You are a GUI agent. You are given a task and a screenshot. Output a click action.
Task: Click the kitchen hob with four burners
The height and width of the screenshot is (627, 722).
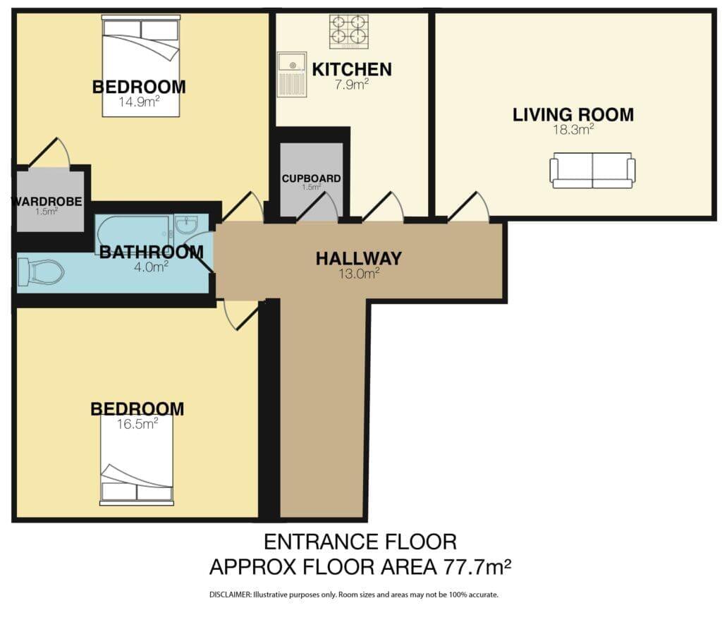tap(349, 31)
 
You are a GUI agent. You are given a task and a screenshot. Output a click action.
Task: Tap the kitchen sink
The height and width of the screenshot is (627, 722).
tap(292, 74)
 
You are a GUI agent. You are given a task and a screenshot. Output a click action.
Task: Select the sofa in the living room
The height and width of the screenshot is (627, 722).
tap(592, 171)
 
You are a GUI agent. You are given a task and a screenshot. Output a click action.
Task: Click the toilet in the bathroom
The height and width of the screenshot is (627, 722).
tap(40, 272)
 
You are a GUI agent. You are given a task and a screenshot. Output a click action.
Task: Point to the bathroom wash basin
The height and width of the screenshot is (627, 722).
tap(186, 224)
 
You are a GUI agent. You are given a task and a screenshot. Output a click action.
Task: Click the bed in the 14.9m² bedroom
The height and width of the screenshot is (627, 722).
tap(141, 66)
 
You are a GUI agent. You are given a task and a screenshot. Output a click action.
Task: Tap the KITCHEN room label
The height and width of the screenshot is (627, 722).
tap(352, 70)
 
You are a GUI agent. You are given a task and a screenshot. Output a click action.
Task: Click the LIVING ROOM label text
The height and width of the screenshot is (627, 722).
tap(573, 115)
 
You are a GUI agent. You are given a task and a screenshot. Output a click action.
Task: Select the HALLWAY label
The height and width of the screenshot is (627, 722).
tap(359, 258)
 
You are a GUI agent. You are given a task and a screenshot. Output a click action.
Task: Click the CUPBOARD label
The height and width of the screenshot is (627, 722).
tap(311, 178)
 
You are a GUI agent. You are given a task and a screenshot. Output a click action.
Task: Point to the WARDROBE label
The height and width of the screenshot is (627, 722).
tap(47, 201)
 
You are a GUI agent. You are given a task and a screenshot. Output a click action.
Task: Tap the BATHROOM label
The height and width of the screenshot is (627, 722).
tap(152, 252)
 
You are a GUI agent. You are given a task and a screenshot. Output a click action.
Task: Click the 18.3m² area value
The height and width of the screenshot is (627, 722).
tap(573, 130)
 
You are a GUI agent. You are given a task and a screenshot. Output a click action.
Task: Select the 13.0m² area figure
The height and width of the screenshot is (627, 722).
tap(359, 274)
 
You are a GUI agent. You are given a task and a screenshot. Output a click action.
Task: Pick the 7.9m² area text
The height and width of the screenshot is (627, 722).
tap(352, 85)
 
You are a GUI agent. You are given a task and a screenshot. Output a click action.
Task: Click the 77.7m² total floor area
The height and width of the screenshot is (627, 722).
tap(477, 567)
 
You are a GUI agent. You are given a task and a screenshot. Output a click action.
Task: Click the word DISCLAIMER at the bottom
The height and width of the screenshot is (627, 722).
tap(231, 595)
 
